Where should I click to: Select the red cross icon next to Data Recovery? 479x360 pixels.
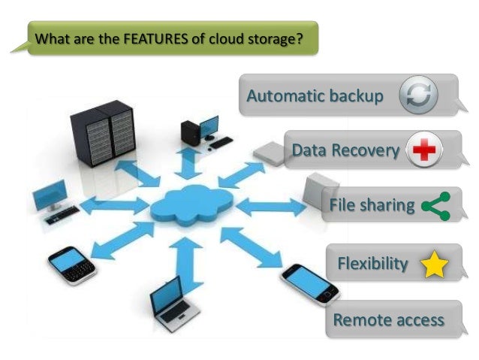click(425, 150)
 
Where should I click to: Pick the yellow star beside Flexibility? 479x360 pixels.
click(435, 265)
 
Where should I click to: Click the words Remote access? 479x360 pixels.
click(388, 319)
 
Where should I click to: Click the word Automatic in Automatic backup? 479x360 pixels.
click(286, 96)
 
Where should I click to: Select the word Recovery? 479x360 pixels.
click(368, 151)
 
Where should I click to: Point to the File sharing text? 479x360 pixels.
click(372, 205)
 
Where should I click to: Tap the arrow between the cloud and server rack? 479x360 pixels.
click(139, 172)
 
